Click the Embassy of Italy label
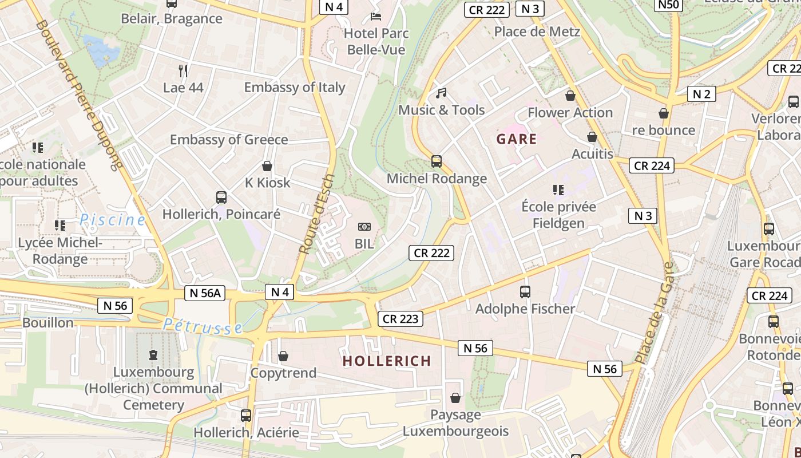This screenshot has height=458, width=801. coord(295,88)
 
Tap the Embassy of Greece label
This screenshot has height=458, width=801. coord(229,140)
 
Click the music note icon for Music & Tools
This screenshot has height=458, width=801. coord(441,93)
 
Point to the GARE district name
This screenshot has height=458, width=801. coord(517,139)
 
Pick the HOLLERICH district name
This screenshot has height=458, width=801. coord(387,361)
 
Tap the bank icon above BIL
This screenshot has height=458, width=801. coord(364,227)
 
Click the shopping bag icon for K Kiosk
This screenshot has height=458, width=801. coord(267,167)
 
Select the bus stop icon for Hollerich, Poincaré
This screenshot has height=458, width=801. coord(221,198)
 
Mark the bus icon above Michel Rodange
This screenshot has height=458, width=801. coord(437,161)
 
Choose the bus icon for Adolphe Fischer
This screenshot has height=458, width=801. coord(525,292)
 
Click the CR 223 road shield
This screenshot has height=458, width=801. coord(400,319)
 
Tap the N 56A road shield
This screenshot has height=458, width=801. coord(205,293)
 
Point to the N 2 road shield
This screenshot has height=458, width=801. coord(701,94)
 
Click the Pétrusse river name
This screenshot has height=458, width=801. coord(203,326)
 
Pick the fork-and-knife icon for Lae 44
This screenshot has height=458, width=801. coord(183,71)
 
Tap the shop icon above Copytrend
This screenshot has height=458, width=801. coord(283,357)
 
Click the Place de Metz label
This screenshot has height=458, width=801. coord(537,32)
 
